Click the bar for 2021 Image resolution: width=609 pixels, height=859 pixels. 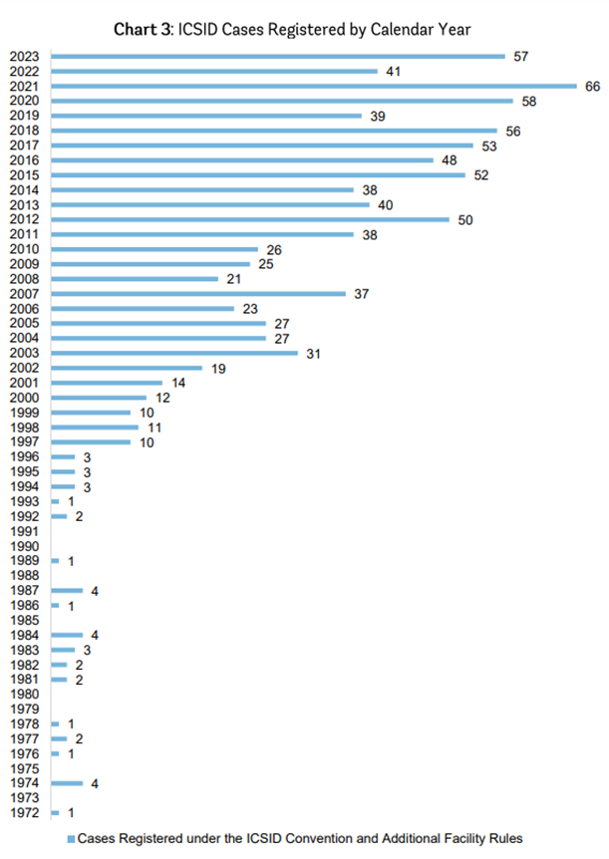click(314, 86)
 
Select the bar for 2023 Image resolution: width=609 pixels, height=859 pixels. click(278, 56)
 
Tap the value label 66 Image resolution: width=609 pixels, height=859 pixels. click(593, 87)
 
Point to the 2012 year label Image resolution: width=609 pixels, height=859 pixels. click(24, 219)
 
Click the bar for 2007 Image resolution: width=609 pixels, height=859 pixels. click(198, 293)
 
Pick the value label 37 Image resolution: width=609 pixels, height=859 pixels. click(362, 294)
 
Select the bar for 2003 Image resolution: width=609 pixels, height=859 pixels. click(174, 353)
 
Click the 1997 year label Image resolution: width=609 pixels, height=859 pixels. click(24, 442)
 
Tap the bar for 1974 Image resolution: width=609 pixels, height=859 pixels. click(67, 783)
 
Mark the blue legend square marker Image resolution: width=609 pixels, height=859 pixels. click(71, 839)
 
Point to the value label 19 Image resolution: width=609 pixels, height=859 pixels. click(217, 369)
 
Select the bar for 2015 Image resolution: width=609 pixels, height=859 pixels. click(258, 175)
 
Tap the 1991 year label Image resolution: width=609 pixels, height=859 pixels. click(24, 532)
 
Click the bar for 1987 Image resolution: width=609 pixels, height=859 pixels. click(67, 591)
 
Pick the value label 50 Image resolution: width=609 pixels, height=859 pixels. click(465, 219)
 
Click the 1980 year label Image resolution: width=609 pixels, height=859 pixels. click(24, 695)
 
